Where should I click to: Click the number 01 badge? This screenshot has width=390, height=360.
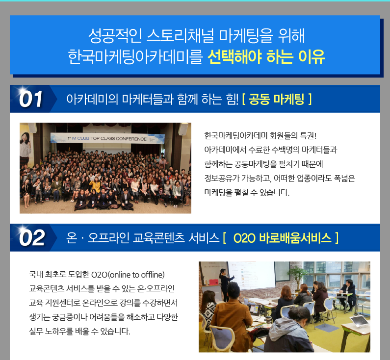[30, 99]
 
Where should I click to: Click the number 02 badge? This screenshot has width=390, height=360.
[31, 238]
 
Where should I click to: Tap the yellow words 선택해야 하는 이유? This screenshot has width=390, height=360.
[266, 57]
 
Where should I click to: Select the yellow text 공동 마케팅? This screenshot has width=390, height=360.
[276, 99]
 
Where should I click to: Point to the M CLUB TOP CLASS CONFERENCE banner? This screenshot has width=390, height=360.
[107, 138]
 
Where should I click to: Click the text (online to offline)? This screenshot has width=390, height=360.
[137, 275]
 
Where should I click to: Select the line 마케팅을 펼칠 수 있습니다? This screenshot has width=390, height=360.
[247, 192]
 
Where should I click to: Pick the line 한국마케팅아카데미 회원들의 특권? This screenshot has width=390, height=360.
[260, 136]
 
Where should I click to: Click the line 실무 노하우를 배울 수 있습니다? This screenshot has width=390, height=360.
[79, 331]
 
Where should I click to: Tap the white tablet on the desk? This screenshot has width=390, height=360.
[359, 321]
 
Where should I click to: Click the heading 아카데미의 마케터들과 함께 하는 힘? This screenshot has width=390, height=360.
[152, 99]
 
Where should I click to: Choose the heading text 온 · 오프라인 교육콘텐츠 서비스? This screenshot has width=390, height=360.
[143, 238]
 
